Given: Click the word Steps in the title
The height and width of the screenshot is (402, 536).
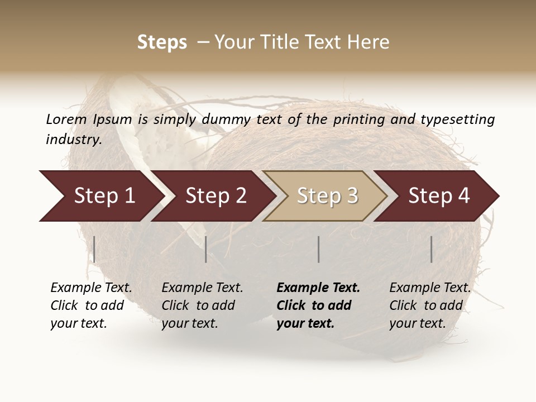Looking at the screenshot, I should tap(162, 42).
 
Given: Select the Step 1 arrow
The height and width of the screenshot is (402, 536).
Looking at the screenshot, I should tap(100, 196).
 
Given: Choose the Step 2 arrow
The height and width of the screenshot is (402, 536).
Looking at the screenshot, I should tap(212, 196).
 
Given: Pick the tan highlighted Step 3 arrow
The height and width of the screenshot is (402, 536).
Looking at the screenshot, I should tap(325, 196).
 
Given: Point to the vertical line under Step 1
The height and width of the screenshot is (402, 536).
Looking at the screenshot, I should tap(94, 249).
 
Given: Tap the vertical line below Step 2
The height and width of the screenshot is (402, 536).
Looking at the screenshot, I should tap(206, 249).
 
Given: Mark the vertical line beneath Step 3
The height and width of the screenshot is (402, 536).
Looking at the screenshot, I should tap(318, 249).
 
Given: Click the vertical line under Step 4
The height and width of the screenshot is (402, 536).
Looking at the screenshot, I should tap(432, 249).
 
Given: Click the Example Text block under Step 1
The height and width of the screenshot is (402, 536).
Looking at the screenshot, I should tap(91, 305).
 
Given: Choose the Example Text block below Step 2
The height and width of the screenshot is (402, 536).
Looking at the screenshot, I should tap(202, 305).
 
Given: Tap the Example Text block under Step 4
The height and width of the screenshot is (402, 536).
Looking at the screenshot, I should tap(430, 305).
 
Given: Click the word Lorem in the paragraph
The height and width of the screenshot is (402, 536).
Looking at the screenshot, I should tap(66, 119).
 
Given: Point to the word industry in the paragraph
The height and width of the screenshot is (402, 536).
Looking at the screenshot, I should tap(73, 140).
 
